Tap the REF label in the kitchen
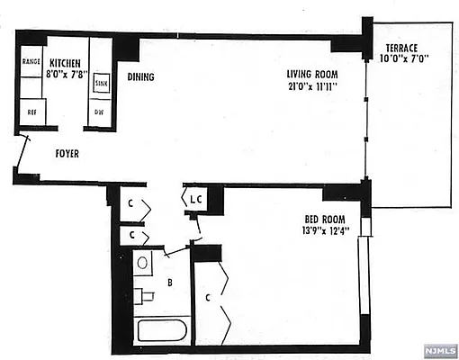pyautogui.click(x=31, y=113)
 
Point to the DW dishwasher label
pyautogui.click(x=100, y=112)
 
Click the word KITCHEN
pyautogui.click(x=66, y=63)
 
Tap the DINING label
pyautogui.click(x=140, y=77)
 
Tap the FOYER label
pyautogui.click(x=66, y=154)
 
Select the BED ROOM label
pyautogui.click(x=319, y=218)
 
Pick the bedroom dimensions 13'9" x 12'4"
pyautogui.click(x=319, y=230)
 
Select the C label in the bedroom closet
pyautogui.click(x=208, y=294)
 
